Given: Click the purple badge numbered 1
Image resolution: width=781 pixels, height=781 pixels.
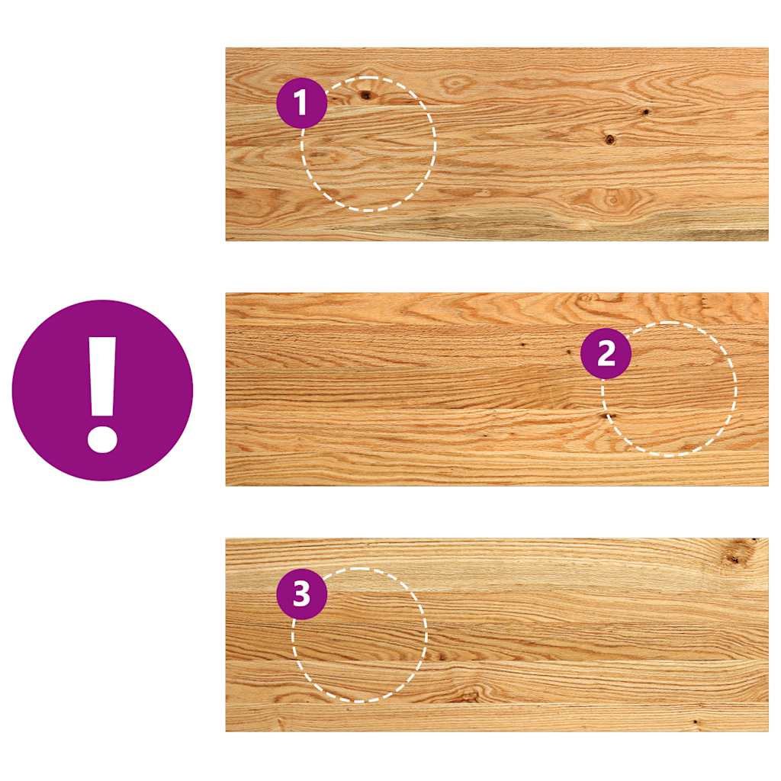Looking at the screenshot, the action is pos(302,103).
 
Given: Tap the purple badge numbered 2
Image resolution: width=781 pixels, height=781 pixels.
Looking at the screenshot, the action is pos(606,354).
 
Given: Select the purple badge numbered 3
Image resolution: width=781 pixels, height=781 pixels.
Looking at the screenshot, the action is pos(302,594).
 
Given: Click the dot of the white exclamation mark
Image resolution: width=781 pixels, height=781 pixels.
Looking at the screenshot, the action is pos(103,439).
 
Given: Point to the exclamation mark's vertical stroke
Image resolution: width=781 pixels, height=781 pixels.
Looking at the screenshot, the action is pos(103,377).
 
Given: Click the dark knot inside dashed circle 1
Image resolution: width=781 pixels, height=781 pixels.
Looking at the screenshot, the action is pos(366,95).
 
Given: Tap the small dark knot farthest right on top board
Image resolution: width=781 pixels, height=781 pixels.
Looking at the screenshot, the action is pos(645,112).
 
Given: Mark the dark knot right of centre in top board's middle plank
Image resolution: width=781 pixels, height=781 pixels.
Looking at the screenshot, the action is pos(609,140).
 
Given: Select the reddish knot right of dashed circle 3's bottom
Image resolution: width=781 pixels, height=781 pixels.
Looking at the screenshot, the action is pos(468,696).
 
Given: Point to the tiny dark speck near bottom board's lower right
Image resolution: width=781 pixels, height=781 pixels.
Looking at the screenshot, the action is pos(695,721).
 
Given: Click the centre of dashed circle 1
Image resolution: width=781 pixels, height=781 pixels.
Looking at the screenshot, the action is pos(368,144).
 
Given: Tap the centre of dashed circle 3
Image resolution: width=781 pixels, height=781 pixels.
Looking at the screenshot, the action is pos(359,635).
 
